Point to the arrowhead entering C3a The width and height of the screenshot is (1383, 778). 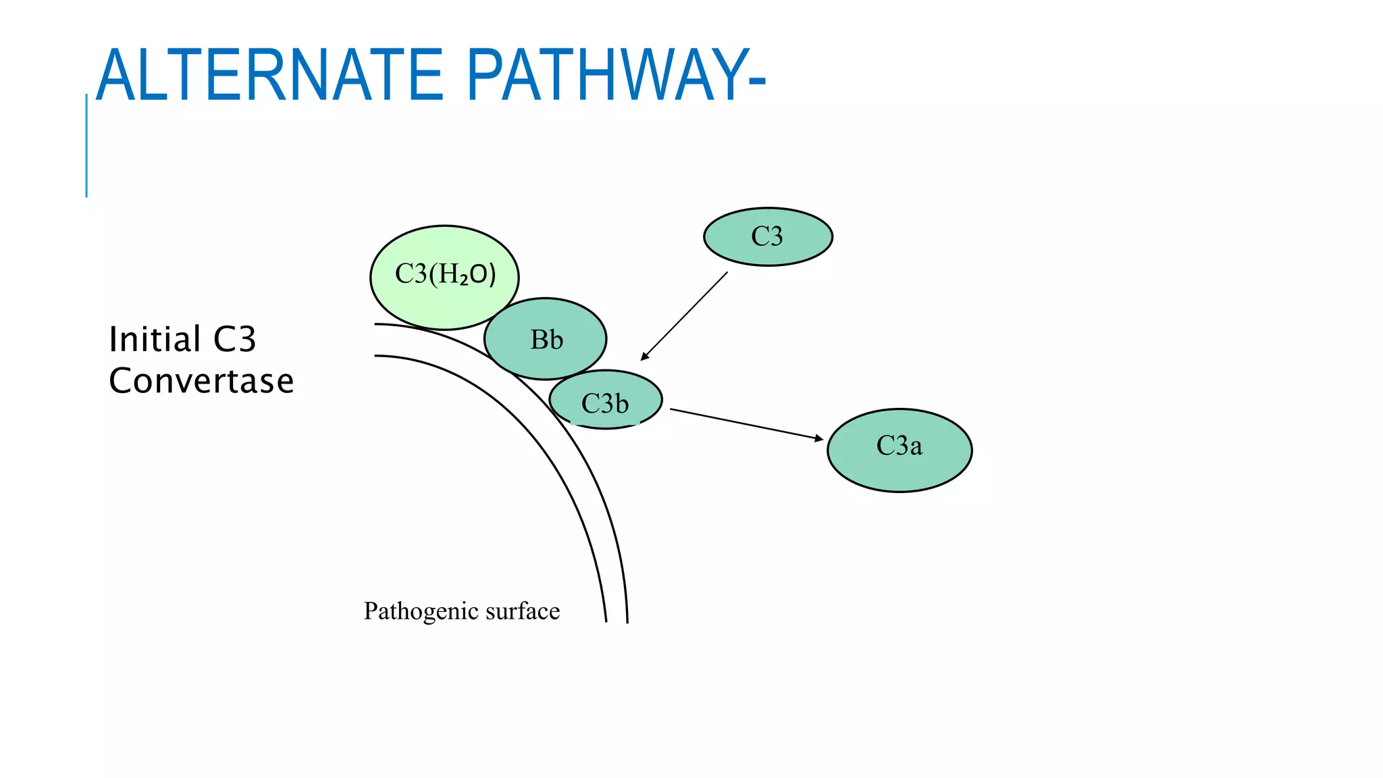(x=819, y=439)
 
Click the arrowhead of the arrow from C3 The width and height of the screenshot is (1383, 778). (x=644, y=357)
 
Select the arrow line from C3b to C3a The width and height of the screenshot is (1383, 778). (x=743, y=423)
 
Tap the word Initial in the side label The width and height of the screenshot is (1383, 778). (x=155, y=339)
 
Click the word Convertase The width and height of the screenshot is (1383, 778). (x=201, y=381)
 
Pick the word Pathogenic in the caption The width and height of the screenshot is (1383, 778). (x=411, y=611)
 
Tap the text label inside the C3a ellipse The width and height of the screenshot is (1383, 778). (x=899, y=446)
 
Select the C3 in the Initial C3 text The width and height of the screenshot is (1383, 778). (x=234, y=339)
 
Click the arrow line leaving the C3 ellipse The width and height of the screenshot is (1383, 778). (x=685, y=315)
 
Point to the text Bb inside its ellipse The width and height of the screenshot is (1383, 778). (x=546, y=340)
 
